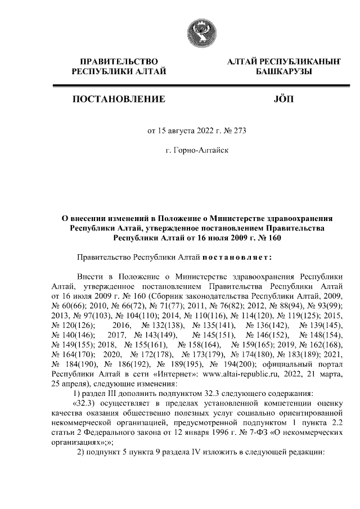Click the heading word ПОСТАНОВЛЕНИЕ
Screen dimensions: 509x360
(x=118, y=100)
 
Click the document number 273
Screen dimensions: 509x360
(x=239, y=131)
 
